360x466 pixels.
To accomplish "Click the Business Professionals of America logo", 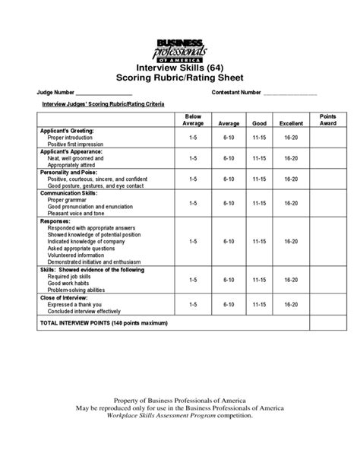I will point(179,50).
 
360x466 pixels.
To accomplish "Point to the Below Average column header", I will point(194,119).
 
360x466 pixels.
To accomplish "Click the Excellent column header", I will point(290,122).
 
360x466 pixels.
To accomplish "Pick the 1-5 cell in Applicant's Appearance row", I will point(194,158).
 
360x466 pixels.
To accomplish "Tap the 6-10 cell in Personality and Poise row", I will point(229,179).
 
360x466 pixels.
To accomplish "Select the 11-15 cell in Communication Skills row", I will point(259,204).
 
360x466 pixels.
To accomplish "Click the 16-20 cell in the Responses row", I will point(290,241).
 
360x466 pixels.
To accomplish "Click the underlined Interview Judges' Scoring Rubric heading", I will point(103,103).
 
